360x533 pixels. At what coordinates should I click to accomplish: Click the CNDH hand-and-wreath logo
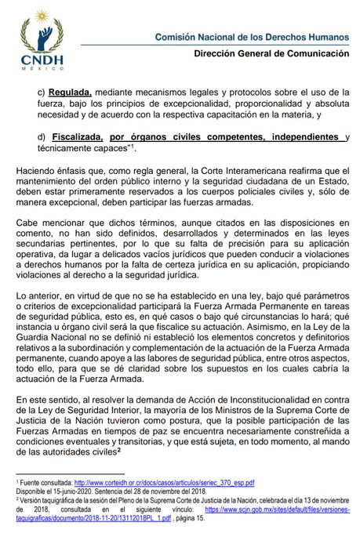click(37, 29)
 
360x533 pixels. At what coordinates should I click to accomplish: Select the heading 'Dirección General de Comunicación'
click(272, 54)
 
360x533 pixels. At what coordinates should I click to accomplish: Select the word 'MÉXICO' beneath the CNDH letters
click(36, 68)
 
